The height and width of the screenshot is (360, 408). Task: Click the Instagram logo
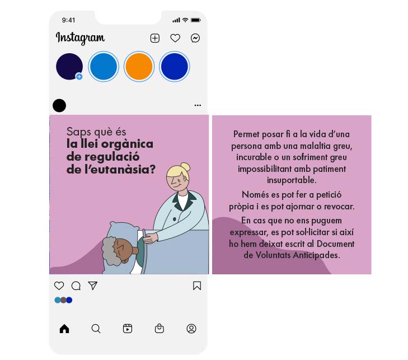click(x=80, y=38)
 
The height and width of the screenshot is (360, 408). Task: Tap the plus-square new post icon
click(x=155, y=38)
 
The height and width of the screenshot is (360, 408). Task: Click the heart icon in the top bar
click(x=175, y=38)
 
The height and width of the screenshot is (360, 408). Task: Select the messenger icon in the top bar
click(x=195, y=38)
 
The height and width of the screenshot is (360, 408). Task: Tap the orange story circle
click(x=139, y=67)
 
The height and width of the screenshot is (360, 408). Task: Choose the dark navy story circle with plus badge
click(x=69, y=67)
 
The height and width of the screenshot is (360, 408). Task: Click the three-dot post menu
click(x=198, y=105)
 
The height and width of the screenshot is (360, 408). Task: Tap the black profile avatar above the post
click(x=59, y=105)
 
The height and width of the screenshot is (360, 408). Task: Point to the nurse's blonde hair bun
click(x=185, y=166)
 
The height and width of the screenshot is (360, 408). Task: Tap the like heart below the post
click(x=59, y=286)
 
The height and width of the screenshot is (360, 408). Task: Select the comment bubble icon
click(x=76, y=286)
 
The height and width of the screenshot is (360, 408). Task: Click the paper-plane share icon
click(x=93, y=286)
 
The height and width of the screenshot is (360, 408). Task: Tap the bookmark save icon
click(x=197, y=286)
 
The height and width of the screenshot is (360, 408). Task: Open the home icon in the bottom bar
click(x=64, y=329)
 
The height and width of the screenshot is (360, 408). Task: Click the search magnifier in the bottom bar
click(x=96, y=329)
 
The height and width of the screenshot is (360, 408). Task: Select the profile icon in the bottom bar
click(x=191, y=329)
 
